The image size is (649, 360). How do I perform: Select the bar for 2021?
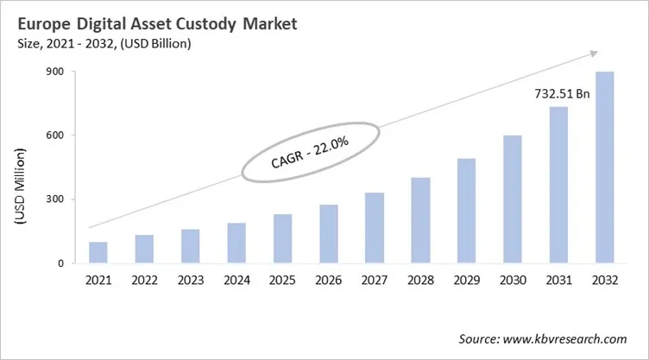point(98,252)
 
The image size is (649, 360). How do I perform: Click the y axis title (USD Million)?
point(20,190)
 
